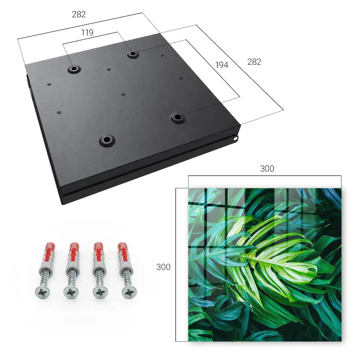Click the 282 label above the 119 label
[x=79, y=14]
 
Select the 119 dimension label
[x=87, y=33]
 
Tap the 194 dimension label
[x=222, y=65]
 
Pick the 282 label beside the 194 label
[x=254, y=62]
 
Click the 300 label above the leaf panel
[x=267, y=169]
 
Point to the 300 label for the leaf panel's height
[x=163, y=267]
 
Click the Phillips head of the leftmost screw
[x=42, y=292]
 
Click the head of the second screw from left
[x=71, y=292]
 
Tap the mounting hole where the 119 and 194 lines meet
[x=132, y=54]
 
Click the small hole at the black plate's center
[x=123, y=94]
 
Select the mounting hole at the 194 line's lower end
[x=177, y=118]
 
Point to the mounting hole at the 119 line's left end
[x=74, y=69]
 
